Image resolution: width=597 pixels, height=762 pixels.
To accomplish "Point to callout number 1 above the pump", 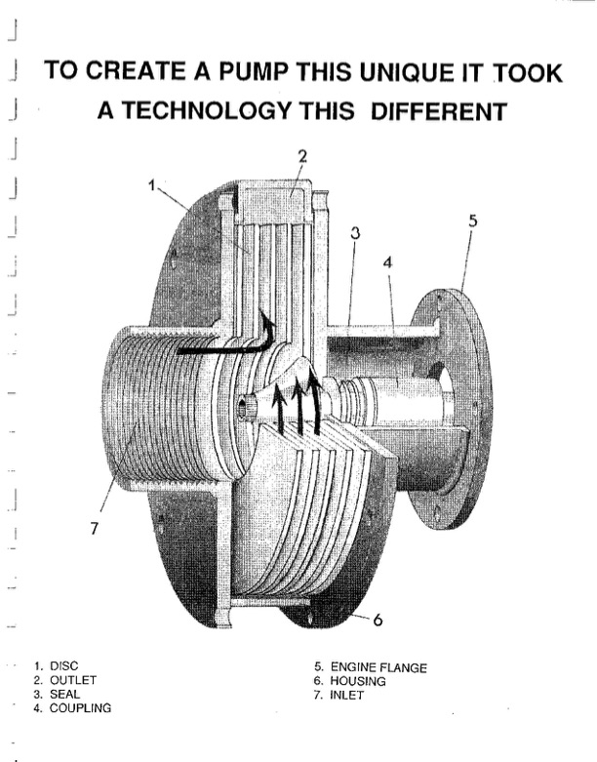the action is tap(151, 184).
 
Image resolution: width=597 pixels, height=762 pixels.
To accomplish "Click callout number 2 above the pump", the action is tap(302, 156).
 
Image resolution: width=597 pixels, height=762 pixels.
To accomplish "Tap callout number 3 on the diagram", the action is tap(356, 234).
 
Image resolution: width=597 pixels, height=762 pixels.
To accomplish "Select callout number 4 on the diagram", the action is tap(388, 263).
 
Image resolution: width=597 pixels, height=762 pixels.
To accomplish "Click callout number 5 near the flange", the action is tap(473, 221).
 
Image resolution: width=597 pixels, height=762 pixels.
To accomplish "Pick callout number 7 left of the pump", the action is tap(95, 528).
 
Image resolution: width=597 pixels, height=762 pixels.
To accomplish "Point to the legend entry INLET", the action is tap(349, 694).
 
